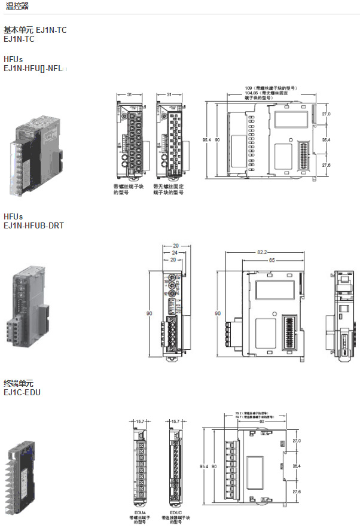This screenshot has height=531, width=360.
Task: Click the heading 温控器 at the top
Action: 17,6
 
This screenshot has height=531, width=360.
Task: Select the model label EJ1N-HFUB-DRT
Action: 33,225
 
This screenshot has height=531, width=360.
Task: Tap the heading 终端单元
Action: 19,383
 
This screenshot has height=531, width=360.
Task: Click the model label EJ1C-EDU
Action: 22,393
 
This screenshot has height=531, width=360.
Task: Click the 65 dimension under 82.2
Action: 271,261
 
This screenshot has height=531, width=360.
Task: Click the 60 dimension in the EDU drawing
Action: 261,421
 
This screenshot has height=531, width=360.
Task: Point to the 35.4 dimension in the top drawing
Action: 327,139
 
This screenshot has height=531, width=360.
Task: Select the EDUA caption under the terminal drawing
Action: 141,512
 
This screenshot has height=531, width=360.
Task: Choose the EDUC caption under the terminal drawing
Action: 176,512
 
